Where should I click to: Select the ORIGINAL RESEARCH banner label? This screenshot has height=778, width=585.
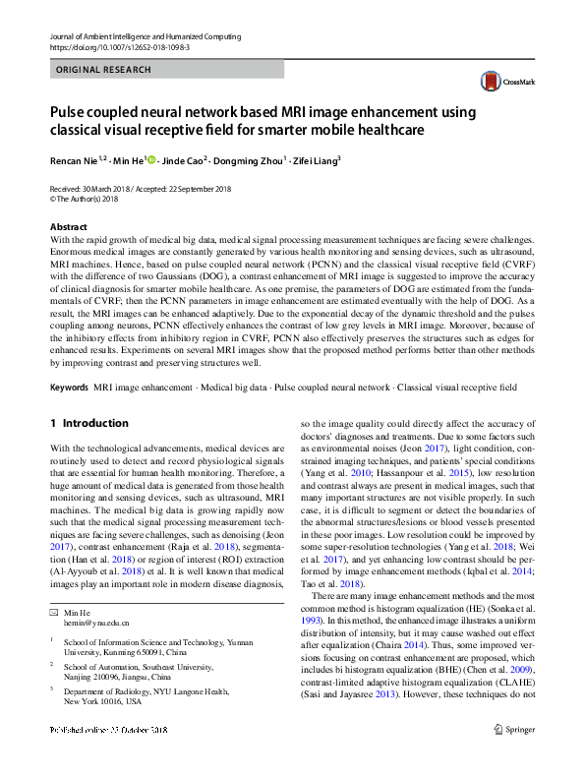[x=104, y=70]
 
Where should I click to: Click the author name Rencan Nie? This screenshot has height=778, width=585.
[x=75, y=160]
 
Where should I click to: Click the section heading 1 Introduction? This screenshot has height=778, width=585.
[x=88, y=423]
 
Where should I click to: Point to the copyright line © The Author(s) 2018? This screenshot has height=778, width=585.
[x=91, y=198]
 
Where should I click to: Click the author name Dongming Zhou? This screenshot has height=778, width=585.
[x=252, y=160]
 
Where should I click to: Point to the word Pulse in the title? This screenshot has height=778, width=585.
[x=73, y=112]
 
